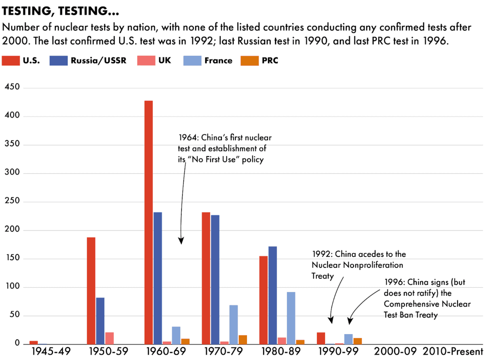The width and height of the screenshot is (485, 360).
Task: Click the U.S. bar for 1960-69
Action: [148, 222]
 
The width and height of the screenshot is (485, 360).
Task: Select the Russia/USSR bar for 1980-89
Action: [272, 295]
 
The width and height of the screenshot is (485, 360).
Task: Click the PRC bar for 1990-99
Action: [357, 341]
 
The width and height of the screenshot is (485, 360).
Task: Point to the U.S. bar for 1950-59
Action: [91, 291]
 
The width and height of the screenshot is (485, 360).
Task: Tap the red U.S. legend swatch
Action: [10, 61]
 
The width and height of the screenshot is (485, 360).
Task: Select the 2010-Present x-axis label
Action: [453, 352]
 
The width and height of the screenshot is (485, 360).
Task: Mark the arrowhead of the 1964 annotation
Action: [181, 241]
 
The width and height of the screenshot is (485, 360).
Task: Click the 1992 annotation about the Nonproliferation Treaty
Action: [358, 265]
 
